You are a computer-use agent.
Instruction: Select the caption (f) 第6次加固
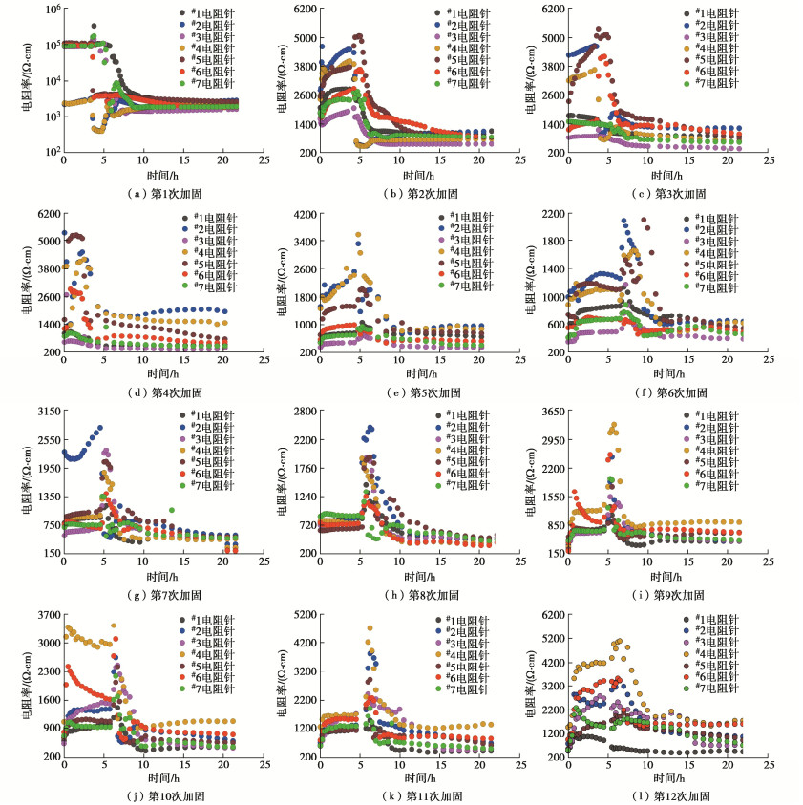click(x=660, y=392)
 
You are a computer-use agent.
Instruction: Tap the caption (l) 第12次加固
click(x=660, y=794)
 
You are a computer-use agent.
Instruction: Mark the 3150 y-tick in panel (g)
click(x=47, y=412)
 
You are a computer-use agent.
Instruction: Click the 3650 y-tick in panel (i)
click(x=556, y=412)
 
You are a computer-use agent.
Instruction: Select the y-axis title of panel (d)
click(x=26, y=283)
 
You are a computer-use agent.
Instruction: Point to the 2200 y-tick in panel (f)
click(x=556, y=213)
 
